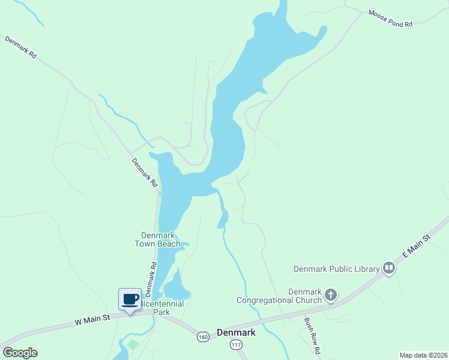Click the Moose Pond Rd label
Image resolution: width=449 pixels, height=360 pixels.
[391, 19]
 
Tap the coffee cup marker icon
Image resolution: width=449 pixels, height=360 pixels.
[130, 299]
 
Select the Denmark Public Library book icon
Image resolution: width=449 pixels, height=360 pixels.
[389, 268]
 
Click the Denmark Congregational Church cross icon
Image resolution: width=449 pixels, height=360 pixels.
[331, 295]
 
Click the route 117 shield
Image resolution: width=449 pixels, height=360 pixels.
[235, 344]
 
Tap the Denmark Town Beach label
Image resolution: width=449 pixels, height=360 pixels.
[160, 239]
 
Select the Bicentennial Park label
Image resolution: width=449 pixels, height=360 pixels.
[162, 308]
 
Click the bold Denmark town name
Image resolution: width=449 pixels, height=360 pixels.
[236, 332]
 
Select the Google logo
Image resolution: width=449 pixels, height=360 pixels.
[20, 353]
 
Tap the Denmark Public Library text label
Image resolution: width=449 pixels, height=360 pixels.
[337, 269]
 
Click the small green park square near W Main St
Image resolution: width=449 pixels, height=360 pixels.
[133, 344]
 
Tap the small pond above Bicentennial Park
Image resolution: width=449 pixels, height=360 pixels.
[176, 287]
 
